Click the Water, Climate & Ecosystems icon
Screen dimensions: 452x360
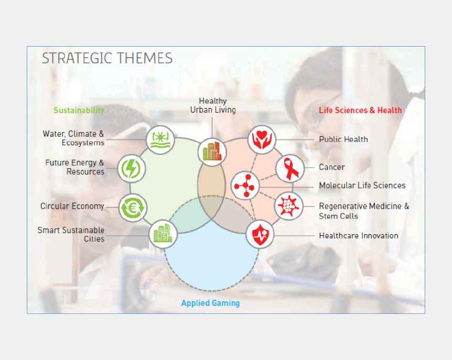(x=160, y=140)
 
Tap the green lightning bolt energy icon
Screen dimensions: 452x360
(x=132, y=169)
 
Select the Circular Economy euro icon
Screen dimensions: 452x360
(x=133, y=208)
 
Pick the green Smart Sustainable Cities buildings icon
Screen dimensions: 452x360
(x=163, y=234)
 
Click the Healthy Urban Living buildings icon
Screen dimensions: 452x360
(x=212, y=152)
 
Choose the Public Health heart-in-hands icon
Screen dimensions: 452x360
(x=262, y=139)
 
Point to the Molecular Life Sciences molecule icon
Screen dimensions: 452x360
(x=245, y=186)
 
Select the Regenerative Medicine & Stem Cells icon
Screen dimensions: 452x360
(x=288, y=206)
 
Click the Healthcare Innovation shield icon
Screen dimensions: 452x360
(x=260, y=234)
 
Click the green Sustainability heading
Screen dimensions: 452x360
(x=79, y=110)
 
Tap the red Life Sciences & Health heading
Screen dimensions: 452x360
(x=360, y=110)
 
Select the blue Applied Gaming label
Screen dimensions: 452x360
(x=210, y=303)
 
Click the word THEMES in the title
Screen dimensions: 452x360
(x=145, y=58)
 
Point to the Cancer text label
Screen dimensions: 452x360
(x=332, y=167)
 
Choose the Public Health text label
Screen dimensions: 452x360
(x=343, y=139)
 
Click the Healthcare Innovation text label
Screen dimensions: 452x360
(x=359, y=236)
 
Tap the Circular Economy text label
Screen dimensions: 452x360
(x=72, y=206)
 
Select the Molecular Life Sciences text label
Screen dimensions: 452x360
(x=362, y=186)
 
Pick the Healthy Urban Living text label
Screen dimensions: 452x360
(x=213, y=105)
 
